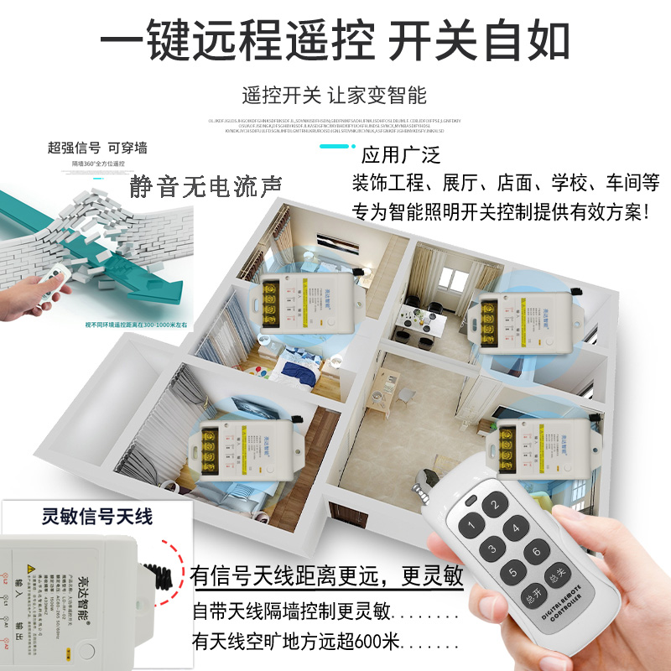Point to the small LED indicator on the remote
[x=471, y=502]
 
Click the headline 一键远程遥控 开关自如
[x=335, y=39]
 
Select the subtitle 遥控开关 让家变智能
[x=334, y=94]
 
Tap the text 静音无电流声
[x=205, y=184]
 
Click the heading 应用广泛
[x=400, y=155]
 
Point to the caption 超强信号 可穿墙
[x=97, y=148]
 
